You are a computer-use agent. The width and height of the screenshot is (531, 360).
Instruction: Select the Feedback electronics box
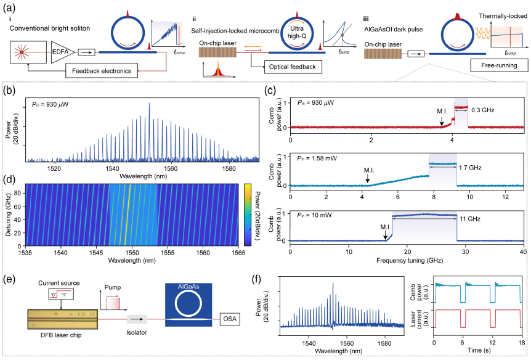(109, 72)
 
